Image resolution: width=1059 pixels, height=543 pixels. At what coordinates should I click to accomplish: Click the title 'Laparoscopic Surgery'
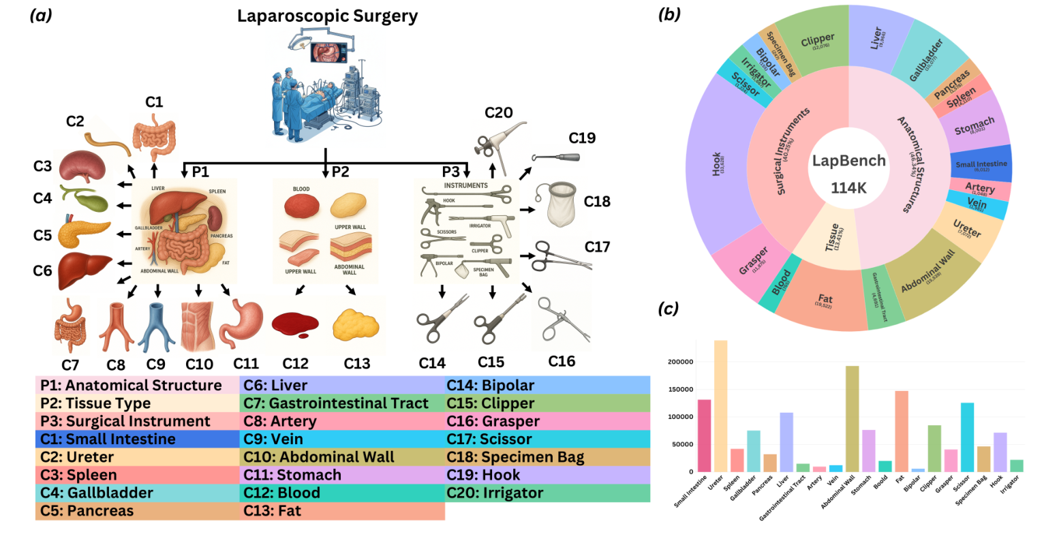[x=327, y=16]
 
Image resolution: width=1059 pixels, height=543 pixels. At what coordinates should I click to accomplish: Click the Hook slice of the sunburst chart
[x=719, y=164]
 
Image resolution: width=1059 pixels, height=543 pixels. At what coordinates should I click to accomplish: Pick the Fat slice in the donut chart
[x=825, y=300]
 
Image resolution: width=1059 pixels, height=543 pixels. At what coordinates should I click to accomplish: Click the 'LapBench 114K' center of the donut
[x=848, y=174]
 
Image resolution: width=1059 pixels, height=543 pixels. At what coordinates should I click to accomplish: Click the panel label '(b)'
[x=669, y=14]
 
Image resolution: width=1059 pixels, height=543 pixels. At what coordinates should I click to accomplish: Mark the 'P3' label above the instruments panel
[x=450, y=172]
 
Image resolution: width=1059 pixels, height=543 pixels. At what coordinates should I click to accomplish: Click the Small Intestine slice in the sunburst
[x=981, y=164]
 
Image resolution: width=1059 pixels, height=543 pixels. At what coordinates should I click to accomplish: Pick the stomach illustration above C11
[x=240, y=323]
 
